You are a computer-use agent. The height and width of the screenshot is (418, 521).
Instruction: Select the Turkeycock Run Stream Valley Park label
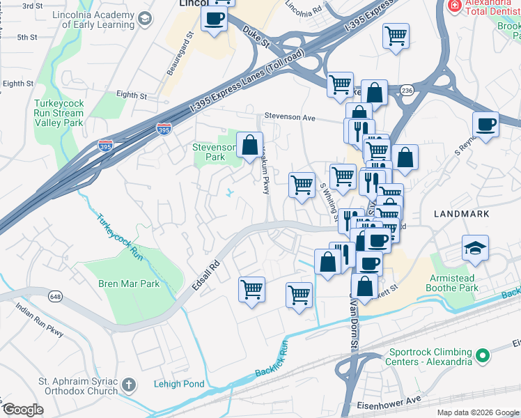[x=59, y=113]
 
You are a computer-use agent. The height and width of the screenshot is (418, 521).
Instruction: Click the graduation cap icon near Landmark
[x=475, y=248]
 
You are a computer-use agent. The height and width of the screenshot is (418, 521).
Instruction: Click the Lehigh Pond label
[x=179, y=384]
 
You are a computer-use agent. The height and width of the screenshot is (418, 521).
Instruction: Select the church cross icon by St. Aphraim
[x=128, y=385]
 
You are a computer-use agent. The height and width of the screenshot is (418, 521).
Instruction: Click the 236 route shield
[x=407, y=90]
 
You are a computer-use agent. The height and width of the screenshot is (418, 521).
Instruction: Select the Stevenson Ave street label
[x=289, y=118]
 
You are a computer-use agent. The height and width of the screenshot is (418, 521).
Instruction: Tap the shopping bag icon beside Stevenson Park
[x=249, y=146]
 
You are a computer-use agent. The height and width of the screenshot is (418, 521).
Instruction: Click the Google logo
[x=23, y=410]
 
